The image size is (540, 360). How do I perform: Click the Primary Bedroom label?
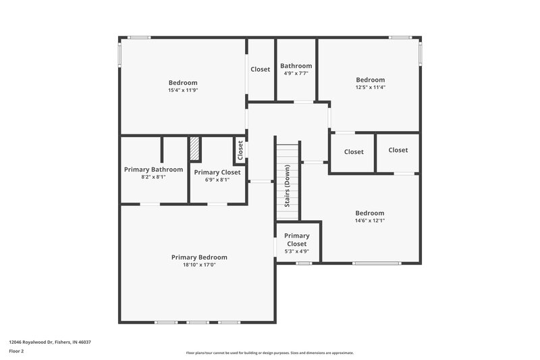(x=199, y=257)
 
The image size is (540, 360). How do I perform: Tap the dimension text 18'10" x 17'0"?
(x=199, y=265)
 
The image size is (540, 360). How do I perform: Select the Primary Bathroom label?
(x=153, y=170)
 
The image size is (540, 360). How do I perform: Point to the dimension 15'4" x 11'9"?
(x=183, y=91)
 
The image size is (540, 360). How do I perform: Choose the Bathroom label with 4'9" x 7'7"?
(x=296, y=66)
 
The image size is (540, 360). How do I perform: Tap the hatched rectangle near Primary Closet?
(x=194, y=149)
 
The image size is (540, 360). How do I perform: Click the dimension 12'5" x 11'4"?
(x=371, y=87)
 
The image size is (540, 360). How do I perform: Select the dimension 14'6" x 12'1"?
(x=370, y=220)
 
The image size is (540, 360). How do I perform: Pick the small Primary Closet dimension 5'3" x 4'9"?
(x=297, y=251)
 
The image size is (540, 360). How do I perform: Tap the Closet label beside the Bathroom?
(x=261, y=69)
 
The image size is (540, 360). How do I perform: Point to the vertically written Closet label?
(x=240, y=151)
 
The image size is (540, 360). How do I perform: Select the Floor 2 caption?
(x=17, y=351)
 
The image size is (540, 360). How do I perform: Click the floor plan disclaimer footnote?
(x=270, y=353)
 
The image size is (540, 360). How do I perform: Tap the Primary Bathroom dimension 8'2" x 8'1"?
(x=153, y=177)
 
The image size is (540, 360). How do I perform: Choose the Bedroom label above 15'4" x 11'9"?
(x=183, y=82)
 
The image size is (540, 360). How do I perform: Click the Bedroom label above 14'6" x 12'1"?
(x=370, y=213)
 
